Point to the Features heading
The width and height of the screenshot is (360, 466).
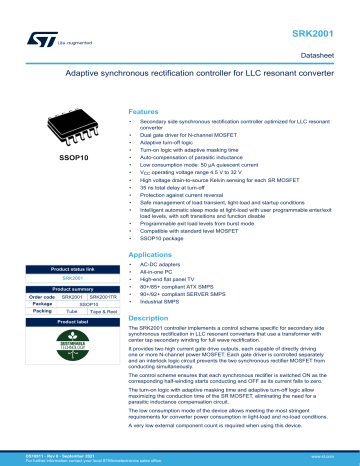pyautogui.click(x=147, y=112)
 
